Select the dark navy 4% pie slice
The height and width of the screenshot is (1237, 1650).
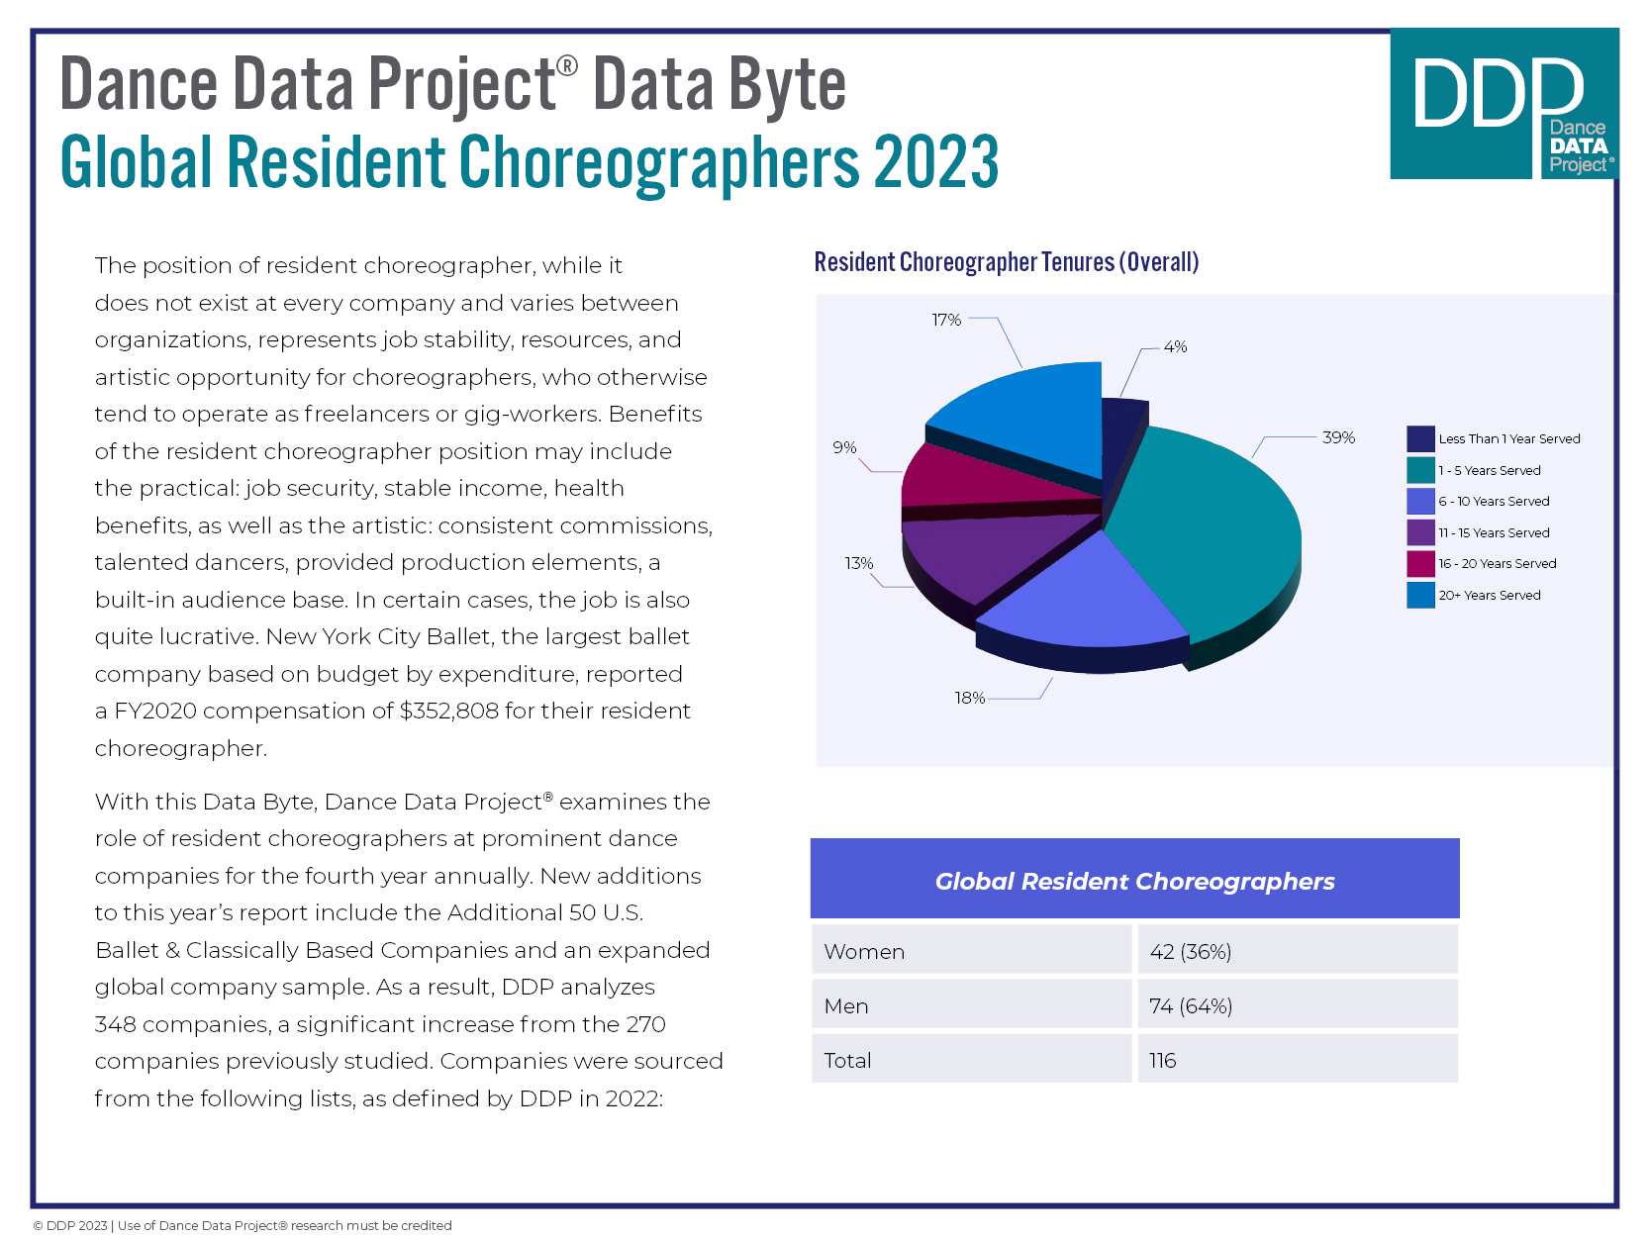(x=1123, y=435)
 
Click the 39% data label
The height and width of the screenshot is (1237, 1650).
(x=1338, y=437)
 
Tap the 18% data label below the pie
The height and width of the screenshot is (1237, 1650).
(x=969, y=698)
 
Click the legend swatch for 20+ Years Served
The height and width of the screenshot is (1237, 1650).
(x=1420, y=595)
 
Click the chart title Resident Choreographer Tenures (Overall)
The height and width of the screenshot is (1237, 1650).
(x=1006, y=262)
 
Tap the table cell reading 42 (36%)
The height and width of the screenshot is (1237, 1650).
(x=1191, y=951)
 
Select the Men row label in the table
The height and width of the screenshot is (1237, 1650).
(x=846, y=1005)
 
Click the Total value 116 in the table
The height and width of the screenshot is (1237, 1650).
(x=1163, y=1060)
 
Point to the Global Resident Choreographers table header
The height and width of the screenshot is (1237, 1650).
(x=1134, y=881)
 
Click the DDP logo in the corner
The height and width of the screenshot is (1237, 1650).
(x=1504, y=104)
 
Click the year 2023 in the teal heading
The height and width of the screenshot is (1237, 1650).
(x=935, y=163)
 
